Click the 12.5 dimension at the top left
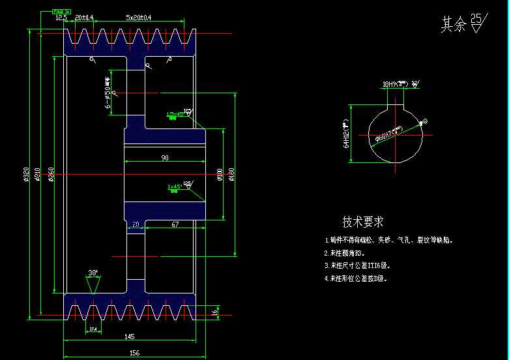(x=61, y=18)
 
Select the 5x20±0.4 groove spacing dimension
(x=138, y=18)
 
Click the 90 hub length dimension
(x=164, y=158)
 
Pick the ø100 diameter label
(x=220, y=174)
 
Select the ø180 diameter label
(x=232, y=174)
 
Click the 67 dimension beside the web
(x=175, y=225)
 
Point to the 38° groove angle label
(x=93, y=273)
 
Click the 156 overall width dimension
(x=134, y=353)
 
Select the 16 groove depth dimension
(x=216, y=312)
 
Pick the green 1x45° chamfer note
(x=174, y=187)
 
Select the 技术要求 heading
(x=363, y=222)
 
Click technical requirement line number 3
(x=358, y=265)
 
